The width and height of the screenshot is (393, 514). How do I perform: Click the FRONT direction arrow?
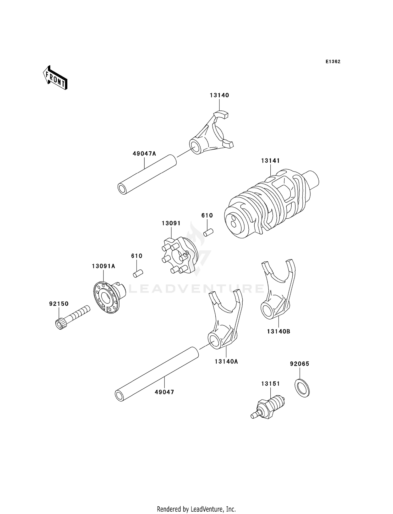click(x=55, y=78)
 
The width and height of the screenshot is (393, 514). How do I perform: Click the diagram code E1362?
click(x=333, y=62)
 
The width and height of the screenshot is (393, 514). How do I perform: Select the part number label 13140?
click(x=219, y=95)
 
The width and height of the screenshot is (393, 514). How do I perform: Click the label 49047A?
click(x=144, y=154)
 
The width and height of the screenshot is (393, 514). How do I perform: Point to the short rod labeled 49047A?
click(x=147, y=174)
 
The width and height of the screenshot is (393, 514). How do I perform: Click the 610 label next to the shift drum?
click(x=207, y=215)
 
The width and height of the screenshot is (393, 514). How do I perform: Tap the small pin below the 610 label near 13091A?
click(x=138, y=273)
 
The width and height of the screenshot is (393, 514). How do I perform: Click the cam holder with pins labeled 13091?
click(x=178, y=256)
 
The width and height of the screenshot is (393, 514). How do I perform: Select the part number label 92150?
click(x=59, y=304)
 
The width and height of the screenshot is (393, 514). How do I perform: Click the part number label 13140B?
click(x=279, y=331)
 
